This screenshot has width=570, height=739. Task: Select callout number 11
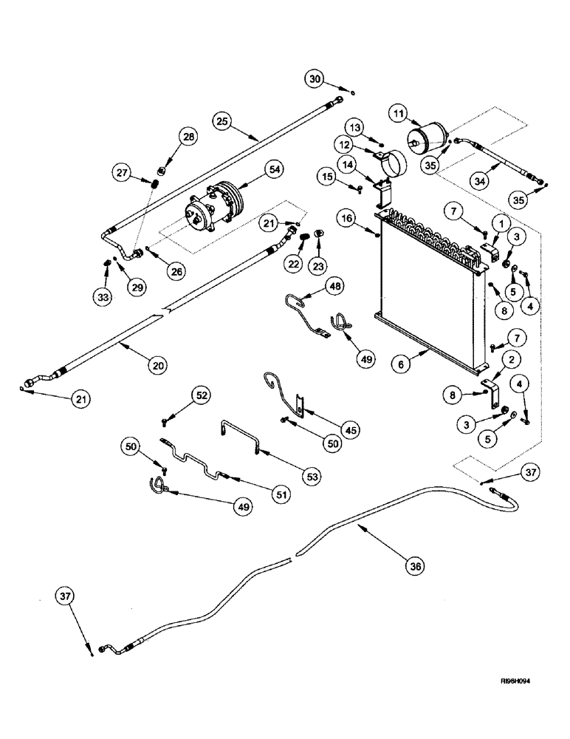pyautogui.click(x=398, y=113)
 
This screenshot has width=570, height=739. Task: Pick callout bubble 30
pyautogui.click(x=315, y=78)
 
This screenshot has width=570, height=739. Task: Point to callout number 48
pyautogui.click(x=336, y=286)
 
